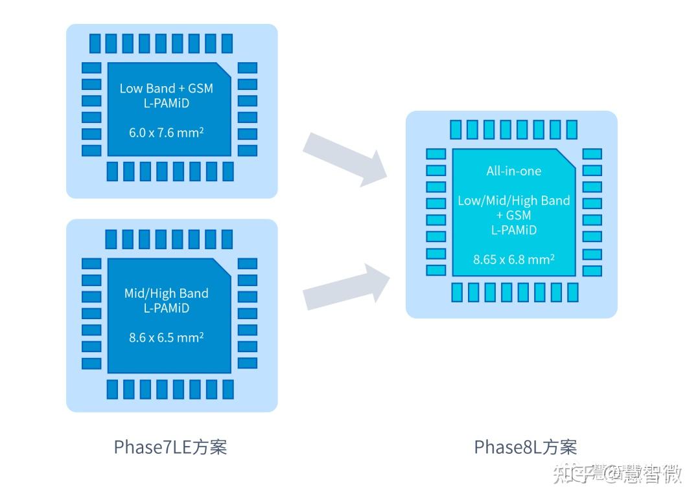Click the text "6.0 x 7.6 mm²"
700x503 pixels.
tap(167, 133)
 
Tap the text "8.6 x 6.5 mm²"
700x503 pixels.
tap(167, 337)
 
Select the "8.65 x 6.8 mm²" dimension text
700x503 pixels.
tap(513, 259)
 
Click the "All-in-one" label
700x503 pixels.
tap(513, 171)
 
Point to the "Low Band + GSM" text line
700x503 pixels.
tap(167, 89)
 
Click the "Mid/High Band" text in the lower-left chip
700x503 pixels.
tap(167, 293)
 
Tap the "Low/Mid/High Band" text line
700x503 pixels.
tap(513, 201)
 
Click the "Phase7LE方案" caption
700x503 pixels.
tap(170, 447)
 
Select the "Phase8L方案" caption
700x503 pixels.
tap(525, 447)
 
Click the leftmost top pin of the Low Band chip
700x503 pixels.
tap(95, 43)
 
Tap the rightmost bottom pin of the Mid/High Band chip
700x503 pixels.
tap(227, 389)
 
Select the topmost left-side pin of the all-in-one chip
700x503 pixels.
tap(436, 154)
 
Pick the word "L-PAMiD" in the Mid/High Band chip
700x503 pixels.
tap(167, 308)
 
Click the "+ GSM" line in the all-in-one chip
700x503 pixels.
tap(513, 216)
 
